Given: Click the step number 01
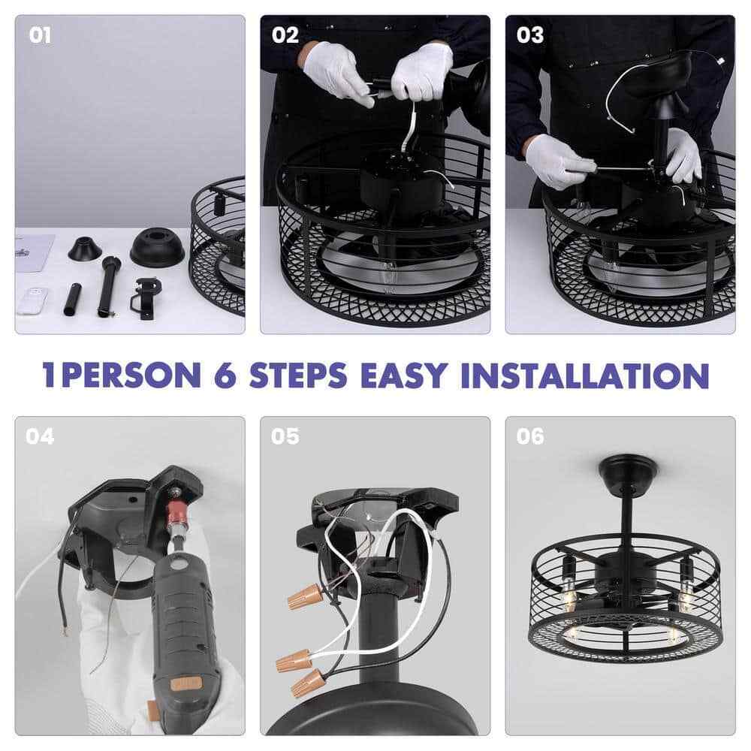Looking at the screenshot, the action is tap(40, 35).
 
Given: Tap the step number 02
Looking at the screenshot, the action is tap(285, 35).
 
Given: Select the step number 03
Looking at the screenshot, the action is tap(530, 35).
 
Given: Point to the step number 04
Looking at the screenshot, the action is tap(40, 436).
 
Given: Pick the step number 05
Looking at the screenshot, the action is tap(285, 436).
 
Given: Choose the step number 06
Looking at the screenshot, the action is tap(530, 436).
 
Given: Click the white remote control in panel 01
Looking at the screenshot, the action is tap(32, 301).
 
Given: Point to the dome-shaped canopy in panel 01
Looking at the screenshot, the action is tap(158, 247).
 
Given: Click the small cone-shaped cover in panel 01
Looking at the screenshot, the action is tap(86, 249).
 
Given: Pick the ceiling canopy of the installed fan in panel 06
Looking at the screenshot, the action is tap(628, 470).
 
